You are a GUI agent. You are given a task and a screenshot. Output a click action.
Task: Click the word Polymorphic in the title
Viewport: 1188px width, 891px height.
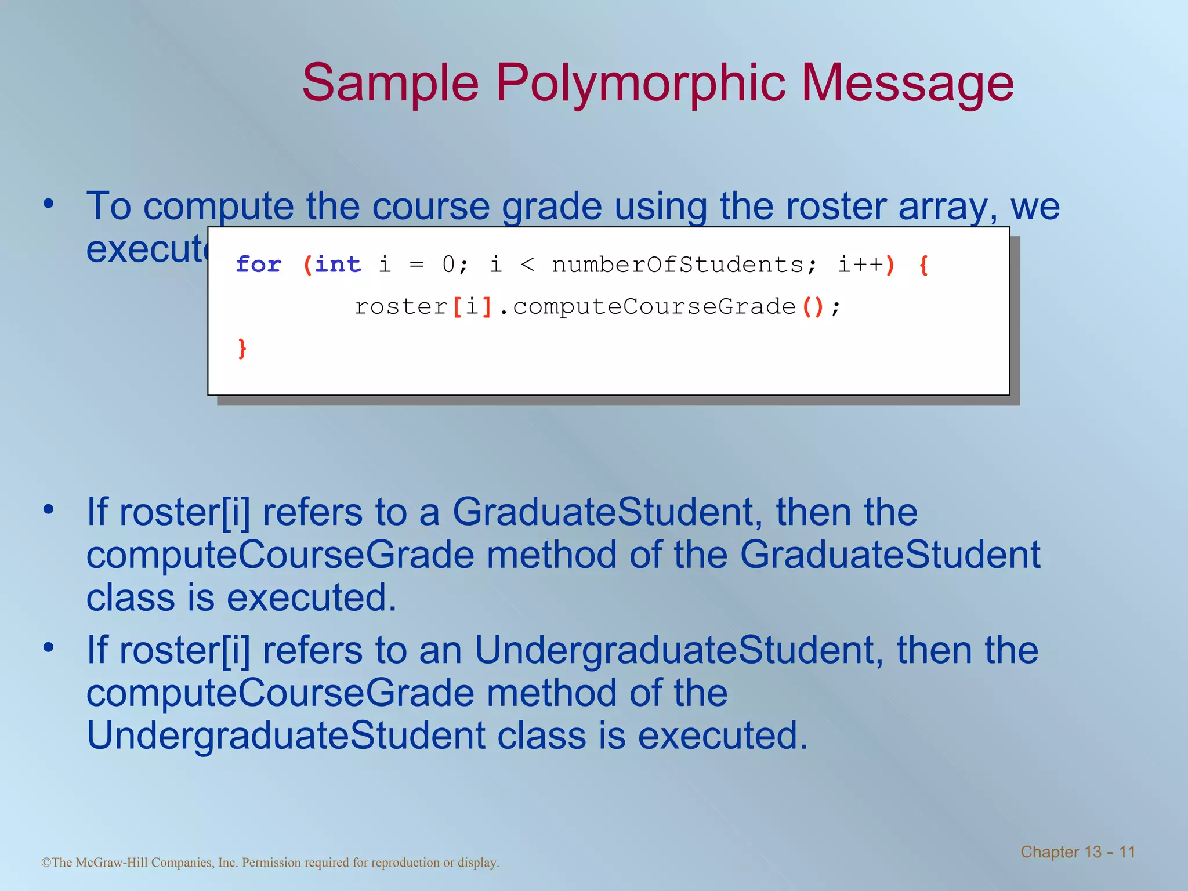(x=640, y=83)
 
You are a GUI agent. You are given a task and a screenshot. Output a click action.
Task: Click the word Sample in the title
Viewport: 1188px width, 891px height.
(x=390, y=83)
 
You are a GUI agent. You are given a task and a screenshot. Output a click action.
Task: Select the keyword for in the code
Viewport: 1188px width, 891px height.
(x=259, y=265)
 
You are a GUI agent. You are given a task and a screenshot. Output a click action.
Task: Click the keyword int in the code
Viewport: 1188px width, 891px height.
(x=338, y=265)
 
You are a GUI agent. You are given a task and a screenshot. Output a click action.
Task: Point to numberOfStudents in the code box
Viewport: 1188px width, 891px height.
(x=677, y=265)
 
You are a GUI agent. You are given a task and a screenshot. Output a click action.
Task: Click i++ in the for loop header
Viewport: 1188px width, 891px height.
(x=860, y=265)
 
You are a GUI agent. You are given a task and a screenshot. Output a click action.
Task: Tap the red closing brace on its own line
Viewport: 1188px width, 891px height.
(x=242, y=349)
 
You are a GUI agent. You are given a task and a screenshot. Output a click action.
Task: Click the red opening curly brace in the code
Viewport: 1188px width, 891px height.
(x=923, y=265)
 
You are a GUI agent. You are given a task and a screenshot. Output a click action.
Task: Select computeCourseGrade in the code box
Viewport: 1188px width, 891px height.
(x=654, y=307)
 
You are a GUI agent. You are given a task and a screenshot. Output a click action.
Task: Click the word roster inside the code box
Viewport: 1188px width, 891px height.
(x=401, y=307)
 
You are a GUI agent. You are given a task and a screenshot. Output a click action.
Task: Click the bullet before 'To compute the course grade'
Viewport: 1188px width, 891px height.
(x=49, y=204)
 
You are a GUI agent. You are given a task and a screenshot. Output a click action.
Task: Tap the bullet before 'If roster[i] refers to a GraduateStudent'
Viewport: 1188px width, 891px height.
(x=49, y=510)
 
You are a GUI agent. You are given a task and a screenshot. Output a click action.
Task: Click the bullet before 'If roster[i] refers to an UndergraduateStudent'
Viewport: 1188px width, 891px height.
(x=49, y=647)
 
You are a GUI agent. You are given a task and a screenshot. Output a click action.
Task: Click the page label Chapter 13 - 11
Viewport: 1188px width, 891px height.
(x=1077, y=852)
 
